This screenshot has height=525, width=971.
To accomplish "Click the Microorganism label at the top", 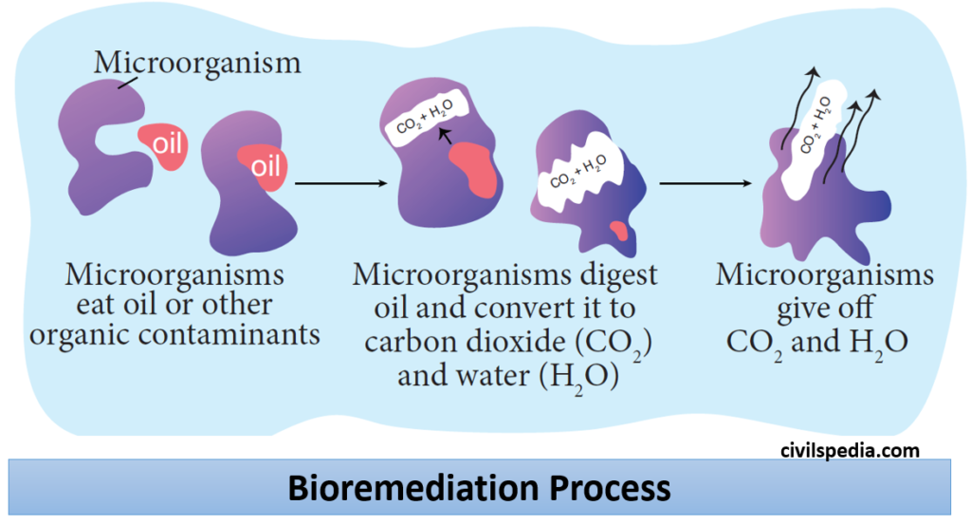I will coord(197,64).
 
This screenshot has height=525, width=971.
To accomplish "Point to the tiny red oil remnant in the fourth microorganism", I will coord(619,230).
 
